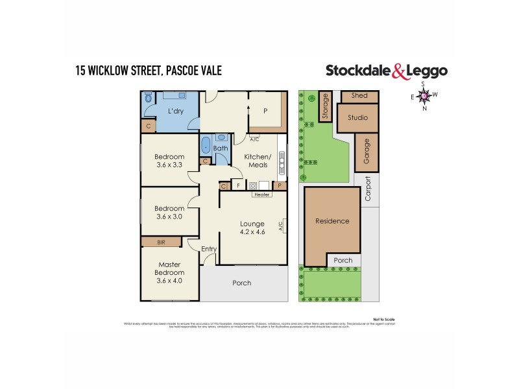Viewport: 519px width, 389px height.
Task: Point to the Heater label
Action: [261, 194]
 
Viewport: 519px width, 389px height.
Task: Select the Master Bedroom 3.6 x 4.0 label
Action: [169, 273]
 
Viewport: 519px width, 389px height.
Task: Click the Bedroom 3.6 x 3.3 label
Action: [169, 161]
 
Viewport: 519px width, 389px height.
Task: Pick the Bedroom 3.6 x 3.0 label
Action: [169, 212]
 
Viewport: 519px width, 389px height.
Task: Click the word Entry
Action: [209, 249]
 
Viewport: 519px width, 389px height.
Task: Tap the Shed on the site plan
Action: [359, 95]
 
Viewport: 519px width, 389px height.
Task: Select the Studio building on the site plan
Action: [357, 118]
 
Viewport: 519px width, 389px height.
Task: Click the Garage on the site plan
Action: [367, 151]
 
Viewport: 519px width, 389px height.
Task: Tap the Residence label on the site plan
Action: [332, 221]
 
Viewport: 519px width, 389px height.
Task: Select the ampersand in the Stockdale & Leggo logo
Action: [400, 71]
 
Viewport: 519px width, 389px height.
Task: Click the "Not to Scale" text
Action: [384, 319]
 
